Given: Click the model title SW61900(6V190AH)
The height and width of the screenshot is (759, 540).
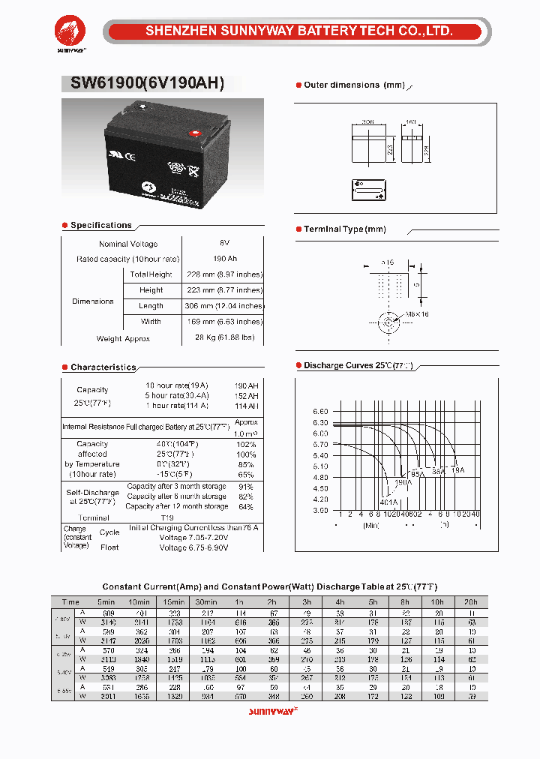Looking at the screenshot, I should [x=147, y=84].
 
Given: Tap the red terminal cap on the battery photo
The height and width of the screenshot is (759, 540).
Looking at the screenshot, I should [x=196, y=134].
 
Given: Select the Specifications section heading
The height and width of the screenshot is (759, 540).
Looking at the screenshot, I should [x=100, y=225].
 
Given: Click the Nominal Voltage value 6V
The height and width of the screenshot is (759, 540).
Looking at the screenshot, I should [x=224, y=244].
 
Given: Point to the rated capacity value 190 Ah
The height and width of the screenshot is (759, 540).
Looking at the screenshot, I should [x=224, y=259].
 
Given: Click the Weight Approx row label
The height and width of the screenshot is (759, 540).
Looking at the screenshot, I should [x=123, y=338].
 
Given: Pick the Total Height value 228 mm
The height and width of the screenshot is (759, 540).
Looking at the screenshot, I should [x=223, y=274].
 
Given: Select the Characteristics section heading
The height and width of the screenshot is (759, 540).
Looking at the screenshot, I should [x=103, y=367].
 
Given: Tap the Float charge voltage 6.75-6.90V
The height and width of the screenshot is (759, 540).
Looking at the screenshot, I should [x=193, y=547].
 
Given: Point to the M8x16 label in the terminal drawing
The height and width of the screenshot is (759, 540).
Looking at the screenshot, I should [x=418, y=313].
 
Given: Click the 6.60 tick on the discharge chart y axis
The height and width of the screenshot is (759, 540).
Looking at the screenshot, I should [x=320, y=412].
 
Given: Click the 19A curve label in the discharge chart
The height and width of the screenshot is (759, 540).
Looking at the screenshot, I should [x=458, y=469].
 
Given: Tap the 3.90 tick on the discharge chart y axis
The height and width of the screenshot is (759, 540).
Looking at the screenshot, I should [x=320, y=510].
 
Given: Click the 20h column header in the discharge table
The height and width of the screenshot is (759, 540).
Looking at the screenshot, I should [x=471, y=602].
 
